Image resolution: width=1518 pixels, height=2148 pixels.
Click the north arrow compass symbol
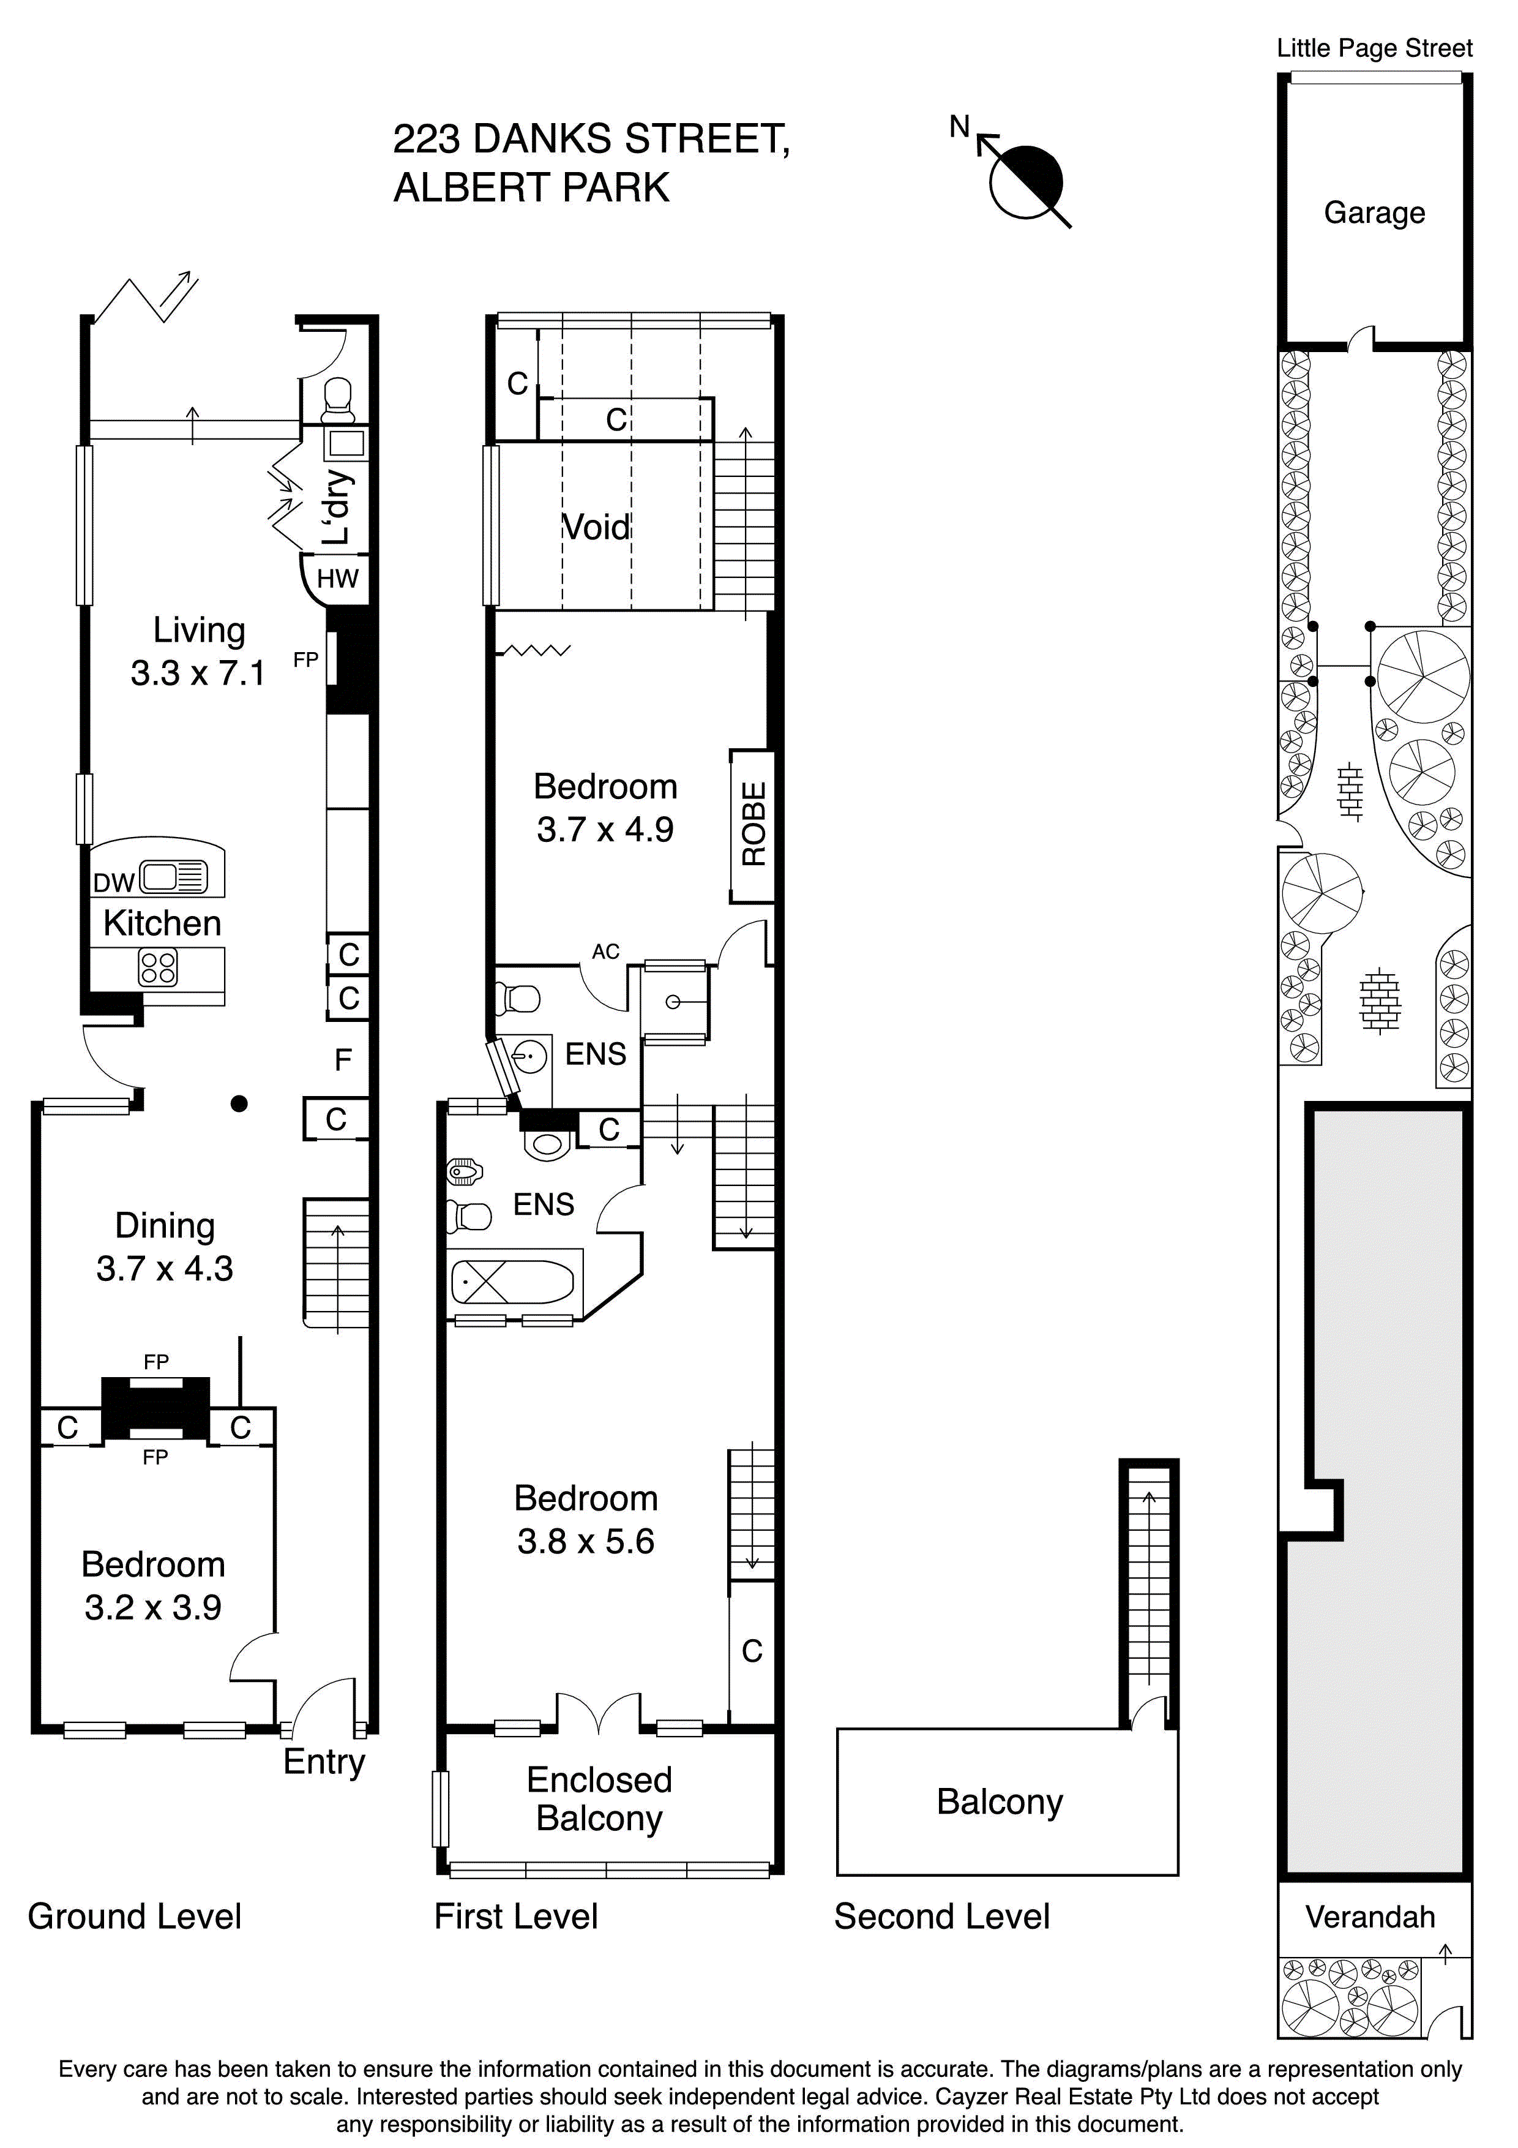click(1025, 181)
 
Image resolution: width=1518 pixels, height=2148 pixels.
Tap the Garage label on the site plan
click(1374, 213)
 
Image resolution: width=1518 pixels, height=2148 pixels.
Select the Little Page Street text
click(1374, 48)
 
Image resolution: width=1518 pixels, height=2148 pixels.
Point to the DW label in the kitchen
click(114, 882)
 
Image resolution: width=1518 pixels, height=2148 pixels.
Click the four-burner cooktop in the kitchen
click(157, 967)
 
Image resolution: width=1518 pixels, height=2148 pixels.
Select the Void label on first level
click(596, 528)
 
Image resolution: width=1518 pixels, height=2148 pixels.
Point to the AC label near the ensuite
click(605, 952)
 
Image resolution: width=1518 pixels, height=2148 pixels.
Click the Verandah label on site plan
click(1370, 1917)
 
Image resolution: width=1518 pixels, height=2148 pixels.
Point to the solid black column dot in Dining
click(239, 1104)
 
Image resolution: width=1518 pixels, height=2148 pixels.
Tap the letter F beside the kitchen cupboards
click(343, 1060)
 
